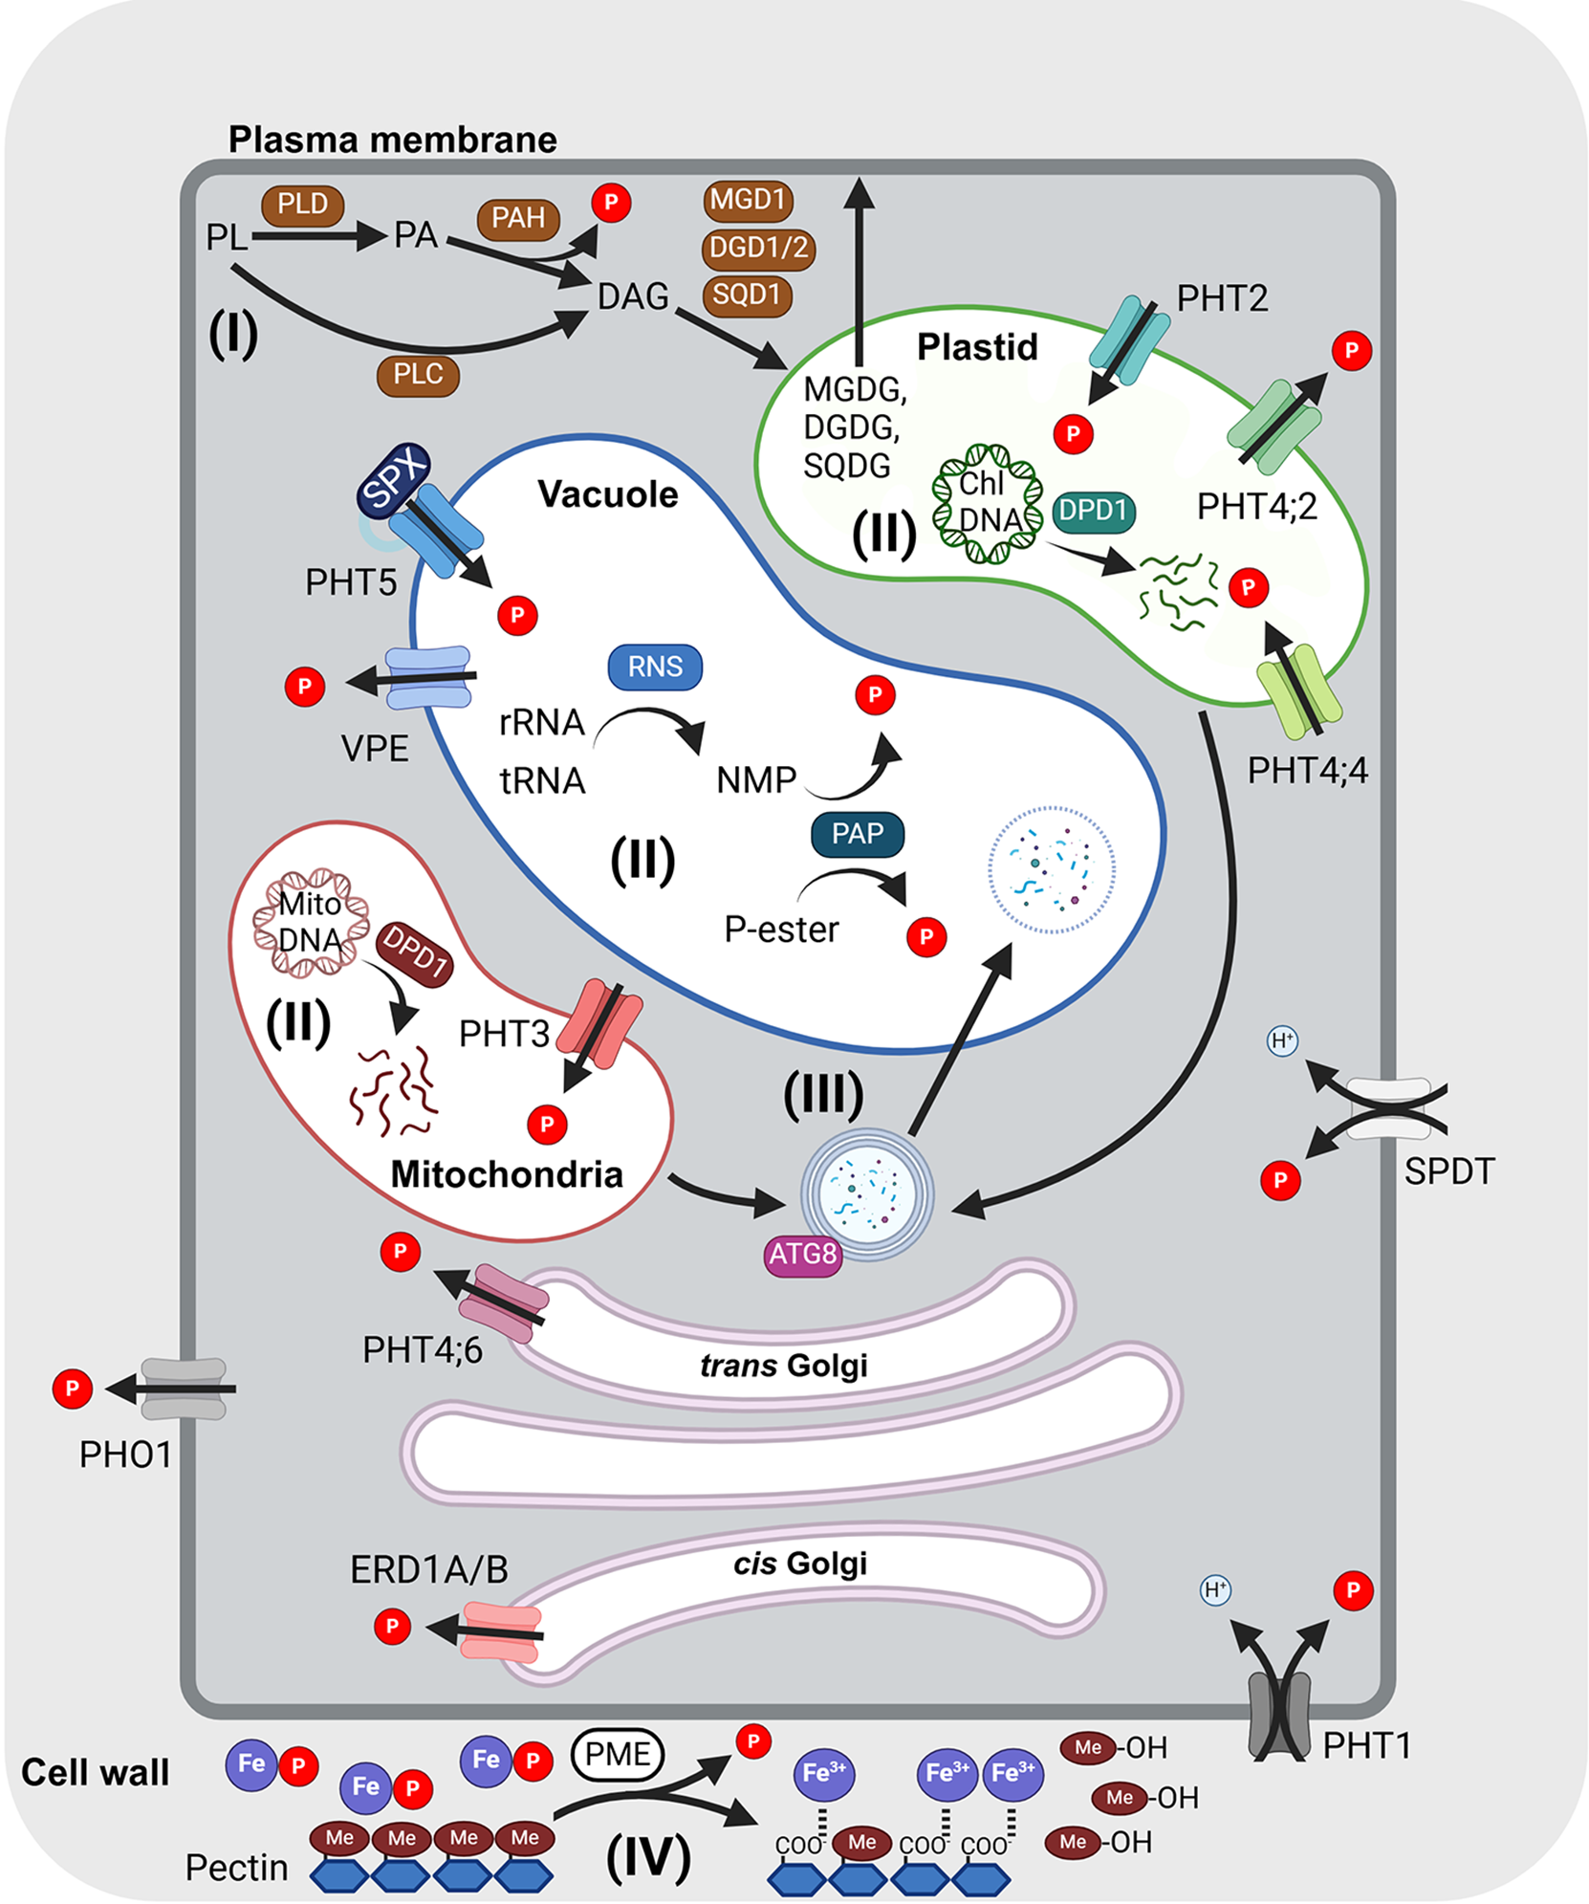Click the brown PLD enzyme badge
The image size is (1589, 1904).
[x=302, y=205]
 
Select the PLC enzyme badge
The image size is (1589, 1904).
[x=418, y=375]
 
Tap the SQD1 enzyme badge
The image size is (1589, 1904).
[x=747, y=295]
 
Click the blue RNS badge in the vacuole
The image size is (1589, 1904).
[x=655, y=667]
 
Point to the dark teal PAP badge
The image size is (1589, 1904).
[x=857, y=834]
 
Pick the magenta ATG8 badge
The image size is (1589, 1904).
[x=803, y=1254]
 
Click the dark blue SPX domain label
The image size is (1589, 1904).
[x=393, y=479]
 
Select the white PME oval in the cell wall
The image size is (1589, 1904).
[x=618, y=1754]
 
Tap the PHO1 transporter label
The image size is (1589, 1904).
[x=125, y=1455]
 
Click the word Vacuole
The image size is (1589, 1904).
[x=608, y=494]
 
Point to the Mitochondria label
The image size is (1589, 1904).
[x=507, y=1174]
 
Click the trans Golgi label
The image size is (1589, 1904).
[x=784, y=1365]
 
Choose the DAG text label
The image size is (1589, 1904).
[x=633, y=296]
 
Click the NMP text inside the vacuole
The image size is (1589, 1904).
[x=756, y=780]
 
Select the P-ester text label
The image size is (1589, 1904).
[x=781, y=930]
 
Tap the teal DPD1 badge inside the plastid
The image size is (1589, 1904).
[x=1094, y=511]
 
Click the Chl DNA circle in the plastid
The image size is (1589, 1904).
[x=988, y=503]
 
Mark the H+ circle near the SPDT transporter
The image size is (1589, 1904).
[x=1282, y=1040]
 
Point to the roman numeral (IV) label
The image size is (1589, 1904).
[x=648, y=1856]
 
